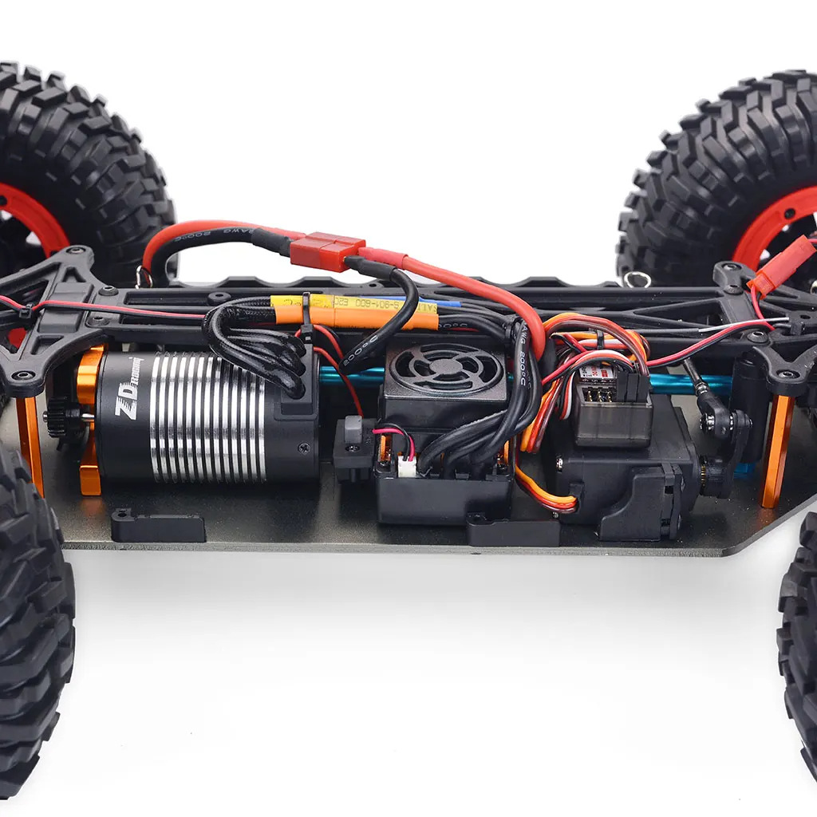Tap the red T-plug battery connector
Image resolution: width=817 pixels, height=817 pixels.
pyautogui.click(x=327, y=251)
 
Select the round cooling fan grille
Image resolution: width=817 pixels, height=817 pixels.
pyautogui.click(x=446, y=369)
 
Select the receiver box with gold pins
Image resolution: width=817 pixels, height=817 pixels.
pyautogui.click(x=611, y=407)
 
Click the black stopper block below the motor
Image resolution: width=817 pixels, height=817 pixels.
pyautogui.click(x=158, y=526)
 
